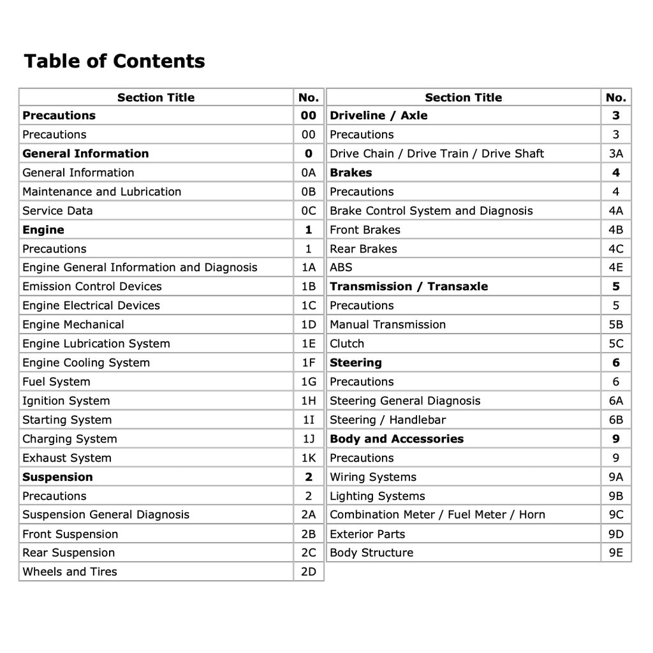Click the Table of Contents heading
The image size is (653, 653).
[114, 61]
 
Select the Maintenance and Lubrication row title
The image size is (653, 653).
[101, 191]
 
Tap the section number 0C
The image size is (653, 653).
[308, 210]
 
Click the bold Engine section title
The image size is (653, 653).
[43, 230]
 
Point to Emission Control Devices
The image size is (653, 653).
[92, 286]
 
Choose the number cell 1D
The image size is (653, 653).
[308, 325]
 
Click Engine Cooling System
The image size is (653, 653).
[86, 363]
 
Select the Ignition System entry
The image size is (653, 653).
[66, 400]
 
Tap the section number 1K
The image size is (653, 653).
[308, 458]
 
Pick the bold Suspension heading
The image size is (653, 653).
[57, 477]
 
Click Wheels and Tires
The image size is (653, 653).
[70, 571]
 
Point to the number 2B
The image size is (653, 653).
[308, 534]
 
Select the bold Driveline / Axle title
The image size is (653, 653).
[379, 115]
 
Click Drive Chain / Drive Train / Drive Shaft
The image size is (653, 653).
[437, 154]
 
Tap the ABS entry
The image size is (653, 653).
[341, 268]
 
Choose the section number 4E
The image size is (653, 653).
[616, 268]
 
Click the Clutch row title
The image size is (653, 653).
[347, 344]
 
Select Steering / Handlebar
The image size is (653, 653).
[388, 420]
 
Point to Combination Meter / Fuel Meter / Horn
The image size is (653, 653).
[437, 515]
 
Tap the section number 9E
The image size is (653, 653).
[616, 553]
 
